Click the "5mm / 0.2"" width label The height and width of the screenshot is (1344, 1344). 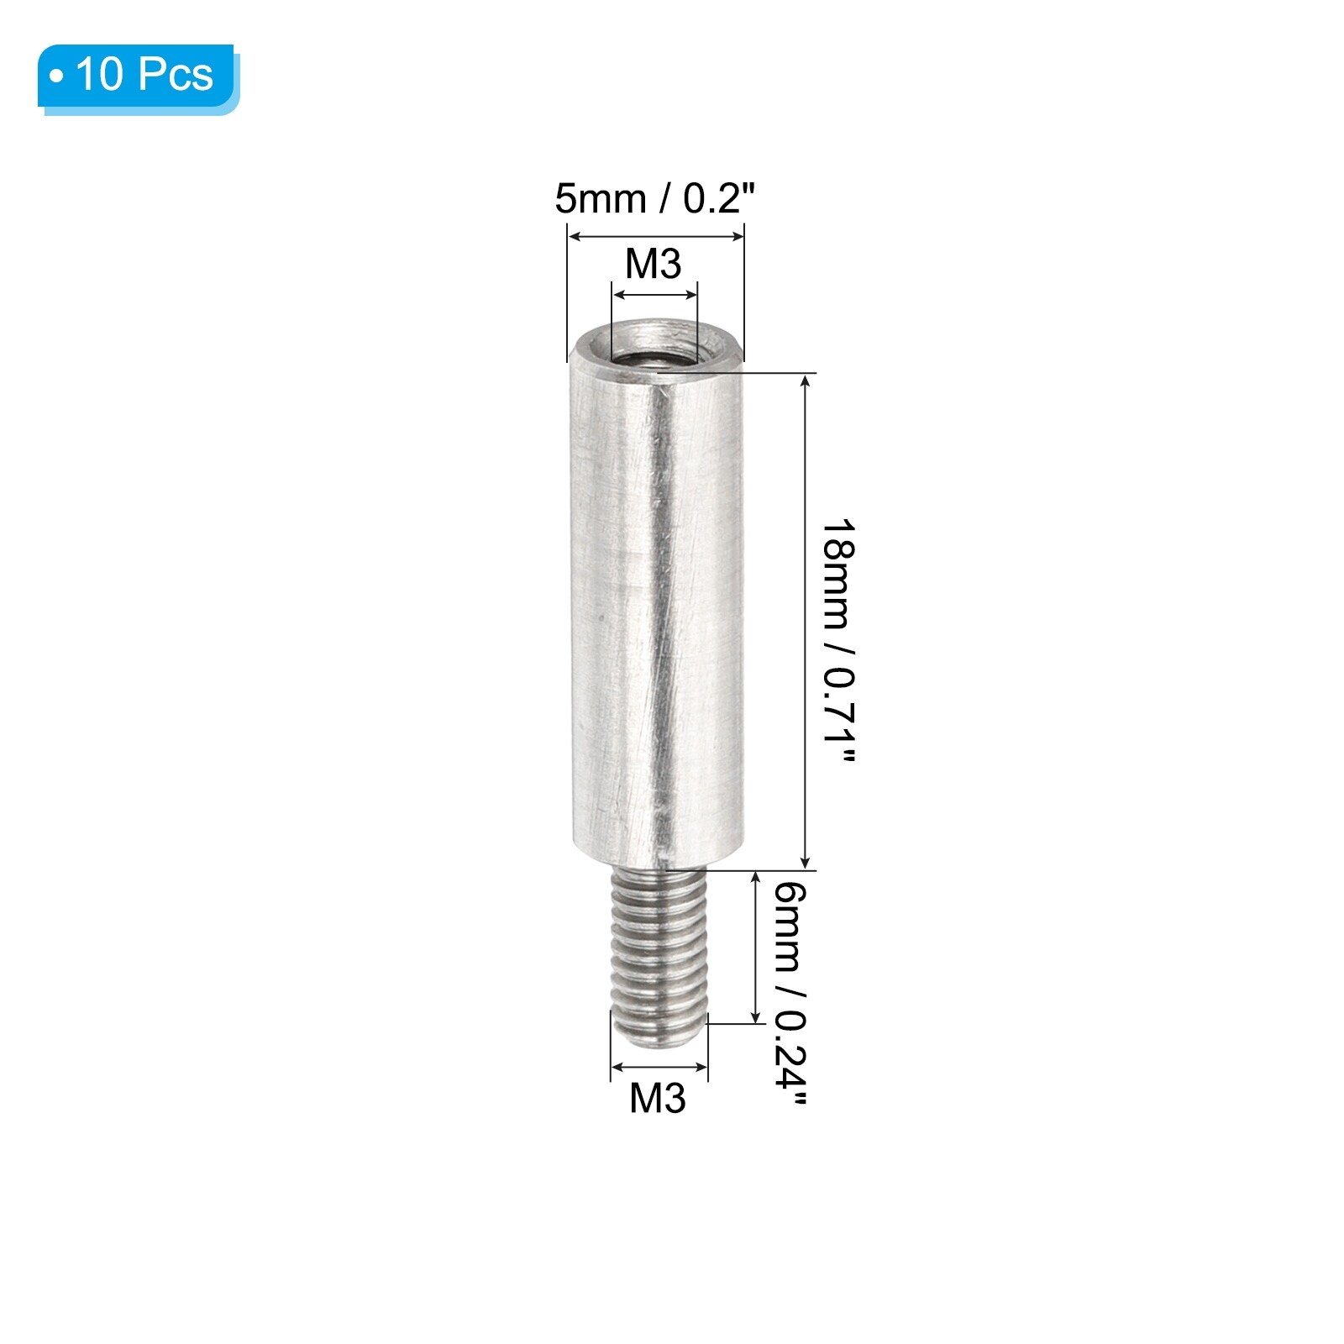655,200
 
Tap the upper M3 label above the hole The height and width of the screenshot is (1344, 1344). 654,265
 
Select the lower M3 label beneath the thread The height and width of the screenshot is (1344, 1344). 658,1098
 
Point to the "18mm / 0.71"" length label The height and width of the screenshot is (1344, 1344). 838,642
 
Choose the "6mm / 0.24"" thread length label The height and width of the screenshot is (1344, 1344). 790,996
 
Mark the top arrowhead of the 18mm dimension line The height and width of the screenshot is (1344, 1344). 806,379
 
